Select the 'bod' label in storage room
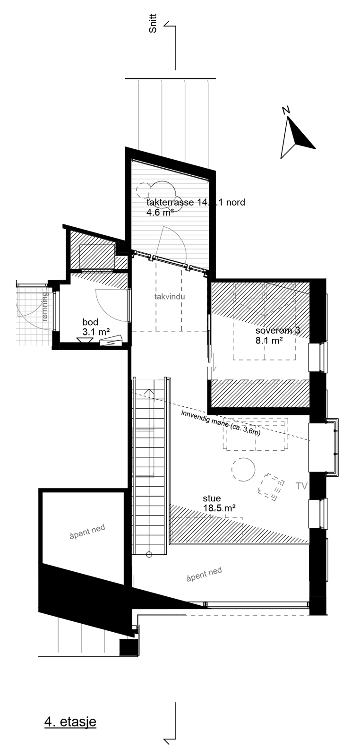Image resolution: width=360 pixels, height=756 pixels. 90,322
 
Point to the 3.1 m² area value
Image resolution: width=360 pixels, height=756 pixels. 95,332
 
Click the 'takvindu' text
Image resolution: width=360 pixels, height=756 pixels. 169,297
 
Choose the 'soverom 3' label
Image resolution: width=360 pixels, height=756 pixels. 277,331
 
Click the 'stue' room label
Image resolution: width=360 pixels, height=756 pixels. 212,498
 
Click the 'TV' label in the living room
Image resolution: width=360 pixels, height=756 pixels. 301,485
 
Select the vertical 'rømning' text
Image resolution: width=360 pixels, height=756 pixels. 45,307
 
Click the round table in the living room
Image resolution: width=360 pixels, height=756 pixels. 243,470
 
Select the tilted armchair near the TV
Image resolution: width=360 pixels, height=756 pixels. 271,486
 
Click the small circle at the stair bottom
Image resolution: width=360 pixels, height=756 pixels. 149,554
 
